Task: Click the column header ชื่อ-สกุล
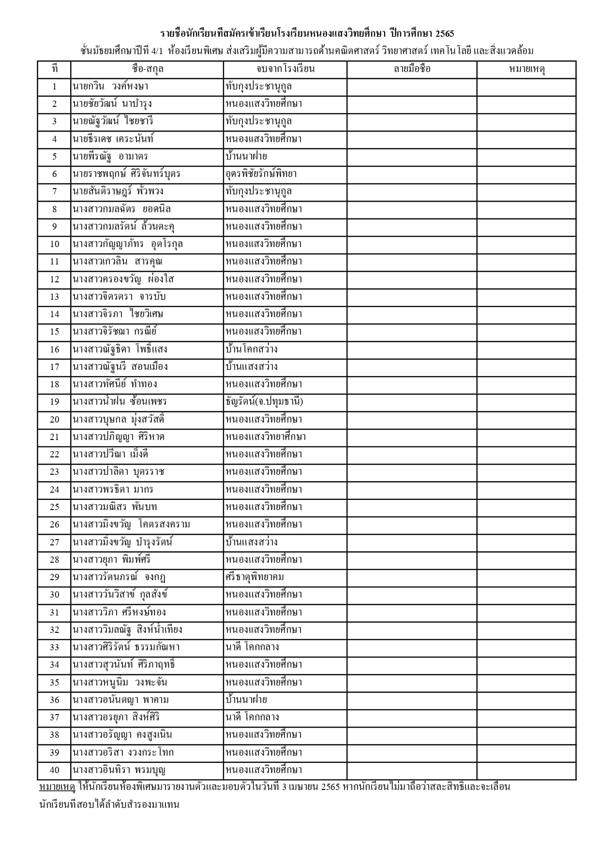coord(147,69)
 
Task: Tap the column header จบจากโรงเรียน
coord(285,69)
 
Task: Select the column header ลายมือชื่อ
coord(412,69)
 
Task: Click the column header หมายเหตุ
coord(526,69)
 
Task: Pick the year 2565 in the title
coord(444,34)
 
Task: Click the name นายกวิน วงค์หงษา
coord(110,87)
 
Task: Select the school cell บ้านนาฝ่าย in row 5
coord(246,157)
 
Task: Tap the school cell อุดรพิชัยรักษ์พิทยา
coord(261,174)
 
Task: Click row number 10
coord(54,244)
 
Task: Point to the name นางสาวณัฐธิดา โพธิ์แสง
coord(120,350)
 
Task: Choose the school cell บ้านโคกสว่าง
coord(252,350)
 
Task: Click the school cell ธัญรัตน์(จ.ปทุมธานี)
coord(264,402)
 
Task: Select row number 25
coord(54,507)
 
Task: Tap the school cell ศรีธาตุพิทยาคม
coord(255,577)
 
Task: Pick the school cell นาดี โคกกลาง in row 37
coord(252,717)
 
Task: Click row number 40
coord(54,770)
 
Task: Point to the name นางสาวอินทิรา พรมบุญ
coord(120,770)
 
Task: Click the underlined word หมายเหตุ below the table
coord(57,787)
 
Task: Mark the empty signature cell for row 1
coord(412,87)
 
